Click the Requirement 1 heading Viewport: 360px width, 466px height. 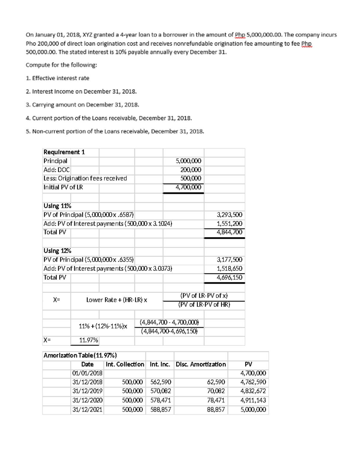pos(64,152)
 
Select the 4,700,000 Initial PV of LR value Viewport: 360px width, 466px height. pos(188,187)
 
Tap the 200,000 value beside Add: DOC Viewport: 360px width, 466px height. pos(191,170)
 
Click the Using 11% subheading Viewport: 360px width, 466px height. pos(57,206)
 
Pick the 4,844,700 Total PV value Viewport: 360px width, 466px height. pos(229,232)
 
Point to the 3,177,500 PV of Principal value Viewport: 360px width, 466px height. pos(229,260)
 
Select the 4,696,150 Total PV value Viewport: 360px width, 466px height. pos(229,277)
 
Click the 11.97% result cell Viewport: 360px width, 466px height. pos(88,340)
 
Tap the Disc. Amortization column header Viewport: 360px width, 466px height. pos(201,364)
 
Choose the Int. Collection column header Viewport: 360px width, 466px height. pos(125,364)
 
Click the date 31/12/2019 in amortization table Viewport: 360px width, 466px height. pos(88,391)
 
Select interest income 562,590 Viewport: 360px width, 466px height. pos(160,382)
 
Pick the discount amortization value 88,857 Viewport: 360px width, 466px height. pos(216,410)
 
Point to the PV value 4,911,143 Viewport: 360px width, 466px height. pos(253,400)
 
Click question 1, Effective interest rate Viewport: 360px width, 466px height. pos(58,78)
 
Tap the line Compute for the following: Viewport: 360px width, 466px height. pos(61,65)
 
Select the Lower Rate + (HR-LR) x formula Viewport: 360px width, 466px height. pos(117,300)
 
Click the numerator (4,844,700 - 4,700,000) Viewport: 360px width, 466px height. pos(169,323)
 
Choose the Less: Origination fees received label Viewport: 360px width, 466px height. pos(85,178)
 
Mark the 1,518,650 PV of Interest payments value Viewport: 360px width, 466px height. pos(229,269)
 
